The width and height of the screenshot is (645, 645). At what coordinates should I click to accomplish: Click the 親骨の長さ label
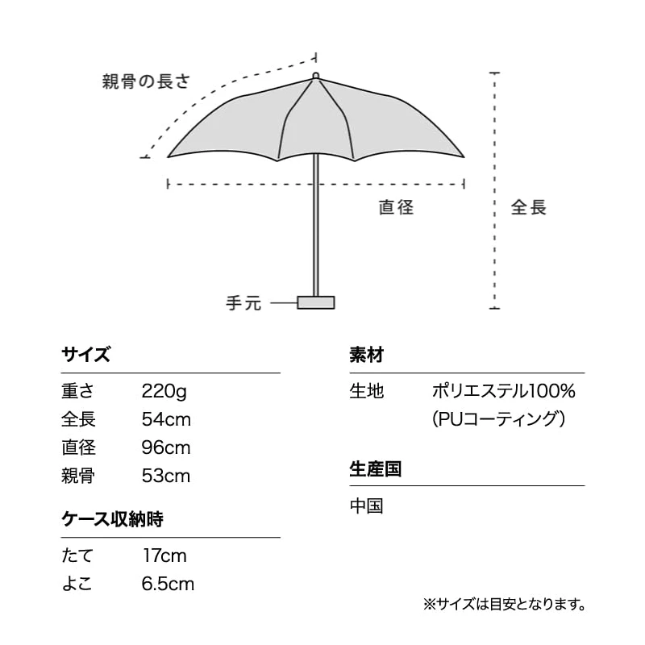pyautogui.click(x=146, y=81)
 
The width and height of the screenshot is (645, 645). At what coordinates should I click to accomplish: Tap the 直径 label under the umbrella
pyautogui.click(x=397, y=207)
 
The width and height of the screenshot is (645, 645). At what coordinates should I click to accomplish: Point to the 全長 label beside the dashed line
pyautogui.click(x=529, y=207)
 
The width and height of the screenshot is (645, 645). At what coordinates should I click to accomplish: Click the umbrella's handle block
pyautogui.click(x=315, y=302)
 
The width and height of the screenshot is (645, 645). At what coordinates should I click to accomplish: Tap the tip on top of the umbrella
pyautogui.click(x=315, y=76)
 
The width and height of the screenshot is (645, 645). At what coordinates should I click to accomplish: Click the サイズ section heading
pyautogui.click(x=85, y=355)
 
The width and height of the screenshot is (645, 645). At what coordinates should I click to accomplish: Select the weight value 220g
pyautogui.click(x=164, y=393)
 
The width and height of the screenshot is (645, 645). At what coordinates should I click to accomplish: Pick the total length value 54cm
pyautogui.click(x=166, y=420)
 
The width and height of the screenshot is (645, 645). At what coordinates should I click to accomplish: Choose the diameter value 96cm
pyautogui.click(x=166, y=447)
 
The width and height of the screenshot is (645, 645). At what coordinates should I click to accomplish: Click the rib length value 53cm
pyautogui.click(x=166, y=476)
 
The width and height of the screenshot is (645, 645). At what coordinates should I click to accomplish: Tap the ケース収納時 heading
pyautogui.click(x=113, y=519)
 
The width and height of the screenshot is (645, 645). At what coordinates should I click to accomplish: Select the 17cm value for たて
pyautogui.click(x=164, y=556)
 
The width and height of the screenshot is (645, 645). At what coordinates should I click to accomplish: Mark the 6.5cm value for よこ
pyautogui.click(x=168, y=584)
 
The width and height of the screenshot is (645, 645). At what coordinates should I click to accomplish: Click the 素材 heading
pyautogui.click(x=366, y=355)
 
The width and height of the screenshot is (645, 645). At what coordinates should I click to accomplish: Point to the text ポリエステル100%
pyautogui.click(x=503, y=393)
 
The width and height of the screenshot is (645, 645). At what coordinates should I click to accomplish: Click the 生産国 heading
pyautogui.click(x=375, y=469)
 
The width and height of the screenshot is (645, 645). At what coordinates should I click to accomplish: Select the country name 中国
pyautogui.click(x=366, y=506)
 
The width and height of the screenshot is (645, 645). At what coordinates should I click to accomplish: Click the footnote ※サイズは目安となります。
pyautogui.click(x=504, y=603)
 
